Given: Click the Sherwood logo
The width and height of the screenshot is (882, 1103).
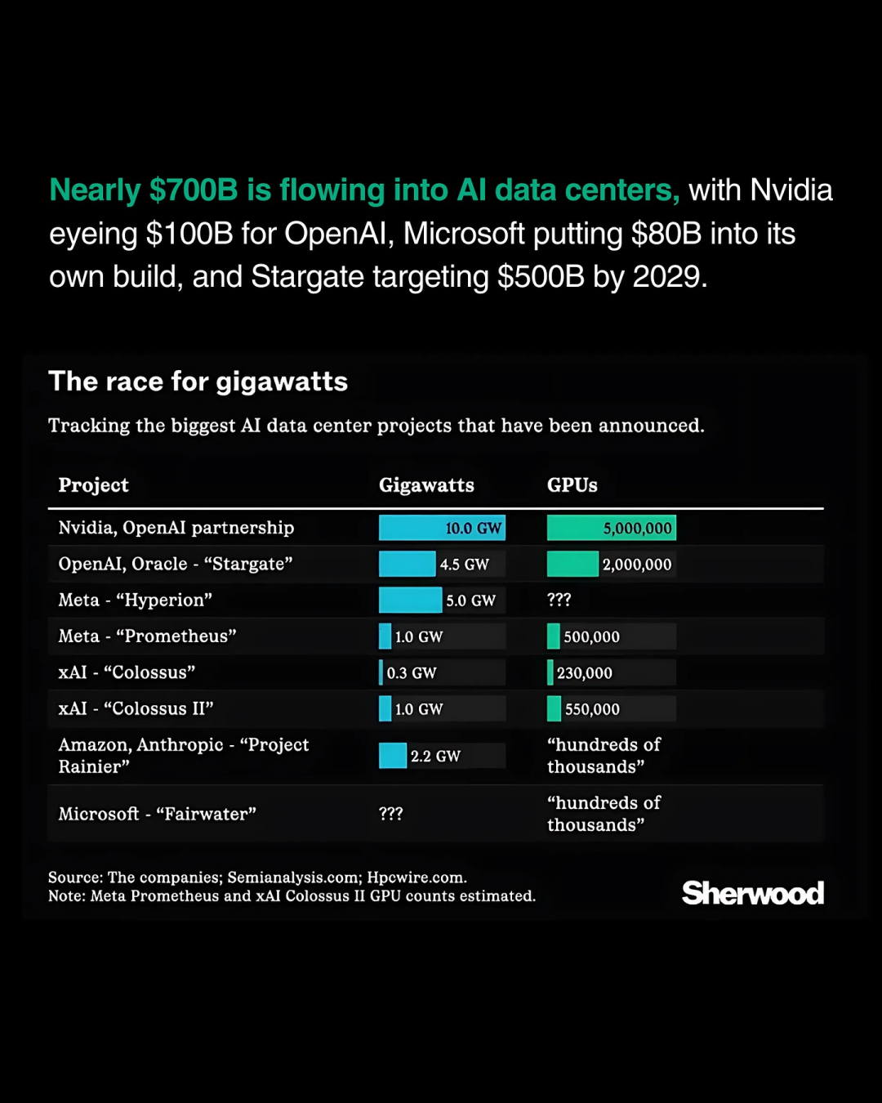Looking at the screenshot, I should [752, 893].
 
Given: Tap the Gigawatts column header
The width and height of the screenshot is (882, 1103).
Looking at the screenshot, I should [426, 485].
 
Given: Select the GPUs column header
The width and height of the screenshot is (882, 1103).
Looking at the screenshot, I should [572, 485].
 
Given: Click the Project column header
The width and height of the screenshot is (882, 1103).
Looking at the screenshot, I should [93, 485].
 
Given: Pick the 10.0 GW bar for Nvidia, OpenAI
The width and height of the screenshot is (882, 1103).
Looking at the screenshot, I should [442, 528].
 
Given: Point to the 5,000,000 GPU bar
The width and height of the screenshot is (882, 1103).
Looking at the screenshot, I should [611, 528].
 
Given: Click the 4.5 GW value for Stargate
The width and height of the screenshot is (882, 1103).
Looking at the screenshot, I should [464, 565].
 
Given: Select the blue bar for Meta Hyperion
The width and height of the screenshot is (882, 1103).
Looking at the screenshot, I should [410, 601].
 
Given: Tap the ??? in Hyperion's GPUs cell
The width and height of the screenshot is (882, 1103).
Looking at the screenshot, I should [559, 600].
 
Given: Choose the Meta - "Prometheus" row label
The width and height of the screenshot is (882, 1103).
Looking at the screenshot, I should [147, 636].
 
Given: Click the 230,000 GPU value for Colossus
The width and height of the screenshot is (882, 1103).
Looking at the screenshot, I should [584, 673].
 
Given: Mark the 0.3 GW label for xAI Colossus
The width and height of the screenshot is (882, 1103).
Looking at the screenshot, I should [412, 673].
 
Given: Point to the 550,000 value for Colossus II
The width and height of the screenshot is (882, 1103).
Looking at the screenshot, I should [592, 709].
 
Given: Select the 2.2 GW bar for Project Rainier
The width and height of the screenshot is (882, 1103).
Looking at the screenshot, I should [393, 756].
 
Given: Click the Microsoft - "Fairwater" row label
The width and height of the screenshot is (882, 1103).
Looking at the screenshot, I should [157, 814].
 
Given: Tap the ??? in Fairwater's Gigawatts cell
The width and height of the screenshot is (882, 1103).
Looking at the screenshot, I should [390, 814].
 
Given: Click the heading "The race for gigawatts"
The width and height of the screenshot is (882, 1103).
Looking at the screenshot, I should [198, 382].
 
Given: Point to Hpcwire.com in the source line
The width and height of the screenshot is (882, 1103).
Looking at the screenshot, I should [416, 877].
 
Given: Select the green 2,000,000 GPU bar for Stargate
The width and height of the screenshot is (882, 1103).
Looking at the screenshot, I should [572, 565].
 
